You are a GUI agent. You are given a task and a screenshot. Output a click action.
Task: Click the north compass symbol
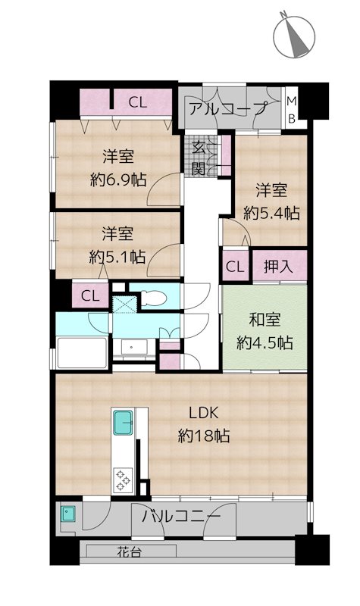tap(294, 36)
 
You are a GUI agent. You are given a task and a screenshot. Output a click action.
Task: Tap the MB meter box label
tap(292, 110)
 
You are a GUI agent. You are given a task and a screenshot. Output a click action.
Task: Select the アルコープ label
tap(228, 108)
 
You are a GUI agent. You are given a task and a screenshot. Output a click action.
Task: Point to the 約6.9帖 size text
tap(118, 180)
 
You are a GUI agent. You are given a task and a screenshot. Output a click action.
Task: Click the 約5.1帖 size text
tap(117, 257)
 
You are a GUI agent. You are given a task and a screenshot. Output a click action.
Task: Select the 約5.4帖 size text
tap(271, 213)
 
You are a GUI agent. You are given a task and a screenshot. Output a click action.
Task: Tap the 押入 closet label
tap(278, 267)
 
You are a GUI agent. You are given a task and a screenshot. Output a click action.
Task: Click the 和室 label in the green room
tap(265, 320)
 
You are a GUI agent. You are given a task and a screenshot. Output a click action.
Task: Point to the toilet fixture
tap(154, 298)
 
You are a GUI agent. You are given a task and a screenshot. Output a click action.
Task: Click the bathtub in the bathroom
tap(82, 352)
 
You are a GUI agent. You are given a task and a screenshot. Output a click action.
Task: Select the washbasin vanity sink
tap(134, 347)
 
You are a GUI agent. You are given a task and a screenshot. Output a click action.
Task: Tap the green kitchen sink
tap(124, 423)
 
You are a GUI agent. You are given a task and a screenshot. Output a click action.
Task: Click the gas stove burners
tap(124, 480)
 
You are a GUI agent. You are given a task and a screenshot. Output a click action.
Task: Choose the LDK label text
tap(203, 413)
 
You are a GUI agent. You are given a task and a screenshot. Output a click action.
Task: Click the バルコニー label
tap(181, 517)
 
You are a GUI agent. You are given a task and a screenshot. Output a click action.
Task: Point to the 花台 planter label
tap(129, 552)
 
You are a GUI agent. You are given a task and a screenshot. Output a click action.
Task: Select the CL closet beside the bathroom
tap(90, 296)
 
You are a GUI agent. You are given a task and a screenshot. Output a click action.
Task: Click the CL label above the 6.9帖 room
tap(138, 102)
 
